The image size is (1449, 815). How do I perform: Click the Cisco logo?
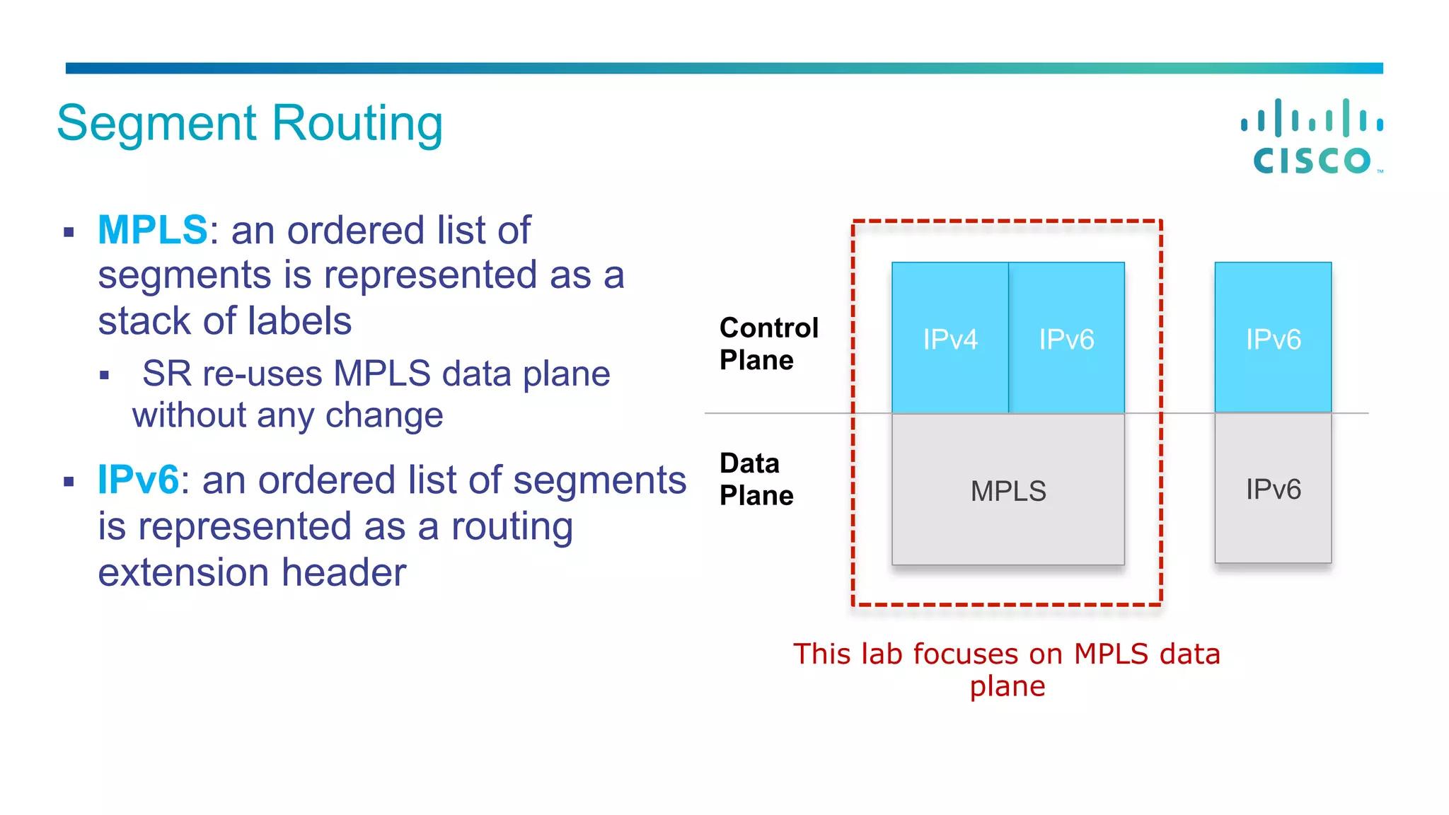(x=1312, y=137)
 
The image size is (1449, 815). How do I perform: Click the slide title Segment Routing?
(x=250, y=123)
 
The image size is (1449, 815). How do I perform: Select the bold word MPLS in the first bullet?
(x=152, y=230)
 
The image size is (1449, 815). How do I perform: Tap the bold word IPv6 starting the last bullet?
(x=138, y=480)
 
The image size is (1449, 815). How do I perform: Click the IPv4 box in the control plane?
(x=949, y=339)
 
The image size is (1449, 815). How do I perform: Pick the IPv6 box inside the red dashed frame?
(x=1066, y=339)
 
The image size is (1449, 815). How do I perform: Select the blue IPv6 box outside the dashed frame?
(x=1273, y=339)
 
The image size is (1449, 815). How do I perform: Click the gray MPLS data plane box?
(x=1008, y=490)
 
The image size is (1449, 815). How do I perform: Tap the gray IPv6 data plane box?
(x=1273, y=489)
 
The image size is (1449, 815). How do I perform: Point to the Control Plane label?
(x=768, y=344)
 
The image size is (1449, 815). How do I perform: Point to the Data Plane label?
(x=756, y=479)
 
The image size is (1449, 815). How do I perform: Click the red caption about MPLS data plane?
(x=1007, y=669)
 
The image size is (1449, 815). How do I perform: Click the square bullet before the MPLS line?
(x=69, y=232)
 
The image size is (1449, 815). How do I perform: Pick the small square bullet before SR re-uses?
(x=105, y=376)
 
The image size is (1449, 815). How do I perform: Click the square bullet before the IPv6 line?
(x=69, y=482)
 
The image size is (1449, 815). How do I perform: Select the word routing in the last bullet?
(x=512, y=527)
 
